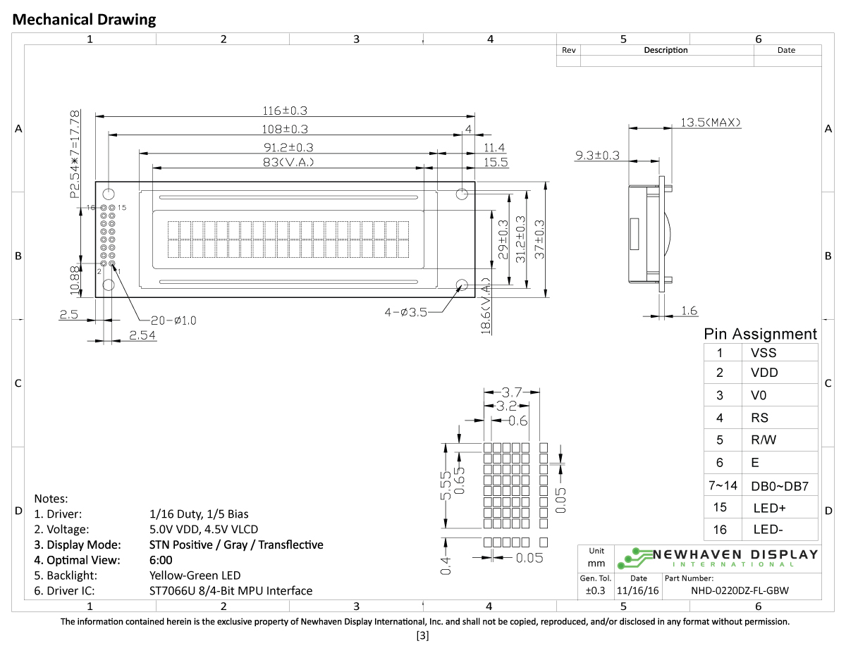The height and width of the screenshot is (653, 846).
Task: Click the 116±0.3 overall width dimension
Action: [x=285, y=111]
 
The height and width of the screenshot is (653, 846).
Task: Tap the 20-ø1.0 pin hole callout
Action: [x=173, y=320]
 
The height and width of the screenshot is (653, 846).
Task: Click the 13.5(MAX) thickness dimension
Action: [x=711, y=123]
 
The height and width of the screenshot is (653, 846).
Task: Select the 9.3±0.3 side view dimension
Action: [x=597, y=155]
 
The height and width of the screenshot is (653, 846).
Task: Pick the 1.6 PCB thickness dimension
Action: [x=690, y=311]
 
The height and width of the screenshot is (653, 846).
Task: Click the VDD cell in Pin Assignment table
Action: [x=764, y=373]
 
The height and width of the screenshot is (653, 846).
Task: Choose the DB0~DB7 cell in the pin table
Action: [x=779, y=486]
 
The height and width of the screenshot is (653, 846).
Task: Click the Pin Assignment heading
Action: [x=760, y=334]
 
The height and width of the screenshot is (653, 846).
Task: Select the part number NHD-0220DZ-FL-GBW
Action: [x=739, y=591]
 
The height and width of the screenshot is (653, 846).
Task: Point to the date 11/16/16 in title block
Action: [x=638, y=591]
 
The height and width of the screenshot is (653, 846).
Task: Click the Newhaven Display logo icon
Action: [x=632, y=557]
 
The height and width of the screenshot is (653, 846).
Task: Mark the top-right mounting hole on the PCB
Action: [x=462, y=194]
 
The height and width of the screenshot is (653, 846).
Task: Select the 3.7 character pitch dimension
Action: [x=512, y=392]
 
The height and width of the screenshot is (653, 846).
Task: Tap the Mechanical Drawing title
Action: [x=85, y=20]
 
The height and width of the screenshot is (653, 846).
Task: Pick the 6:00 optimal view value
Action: [x=161, y=560]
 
